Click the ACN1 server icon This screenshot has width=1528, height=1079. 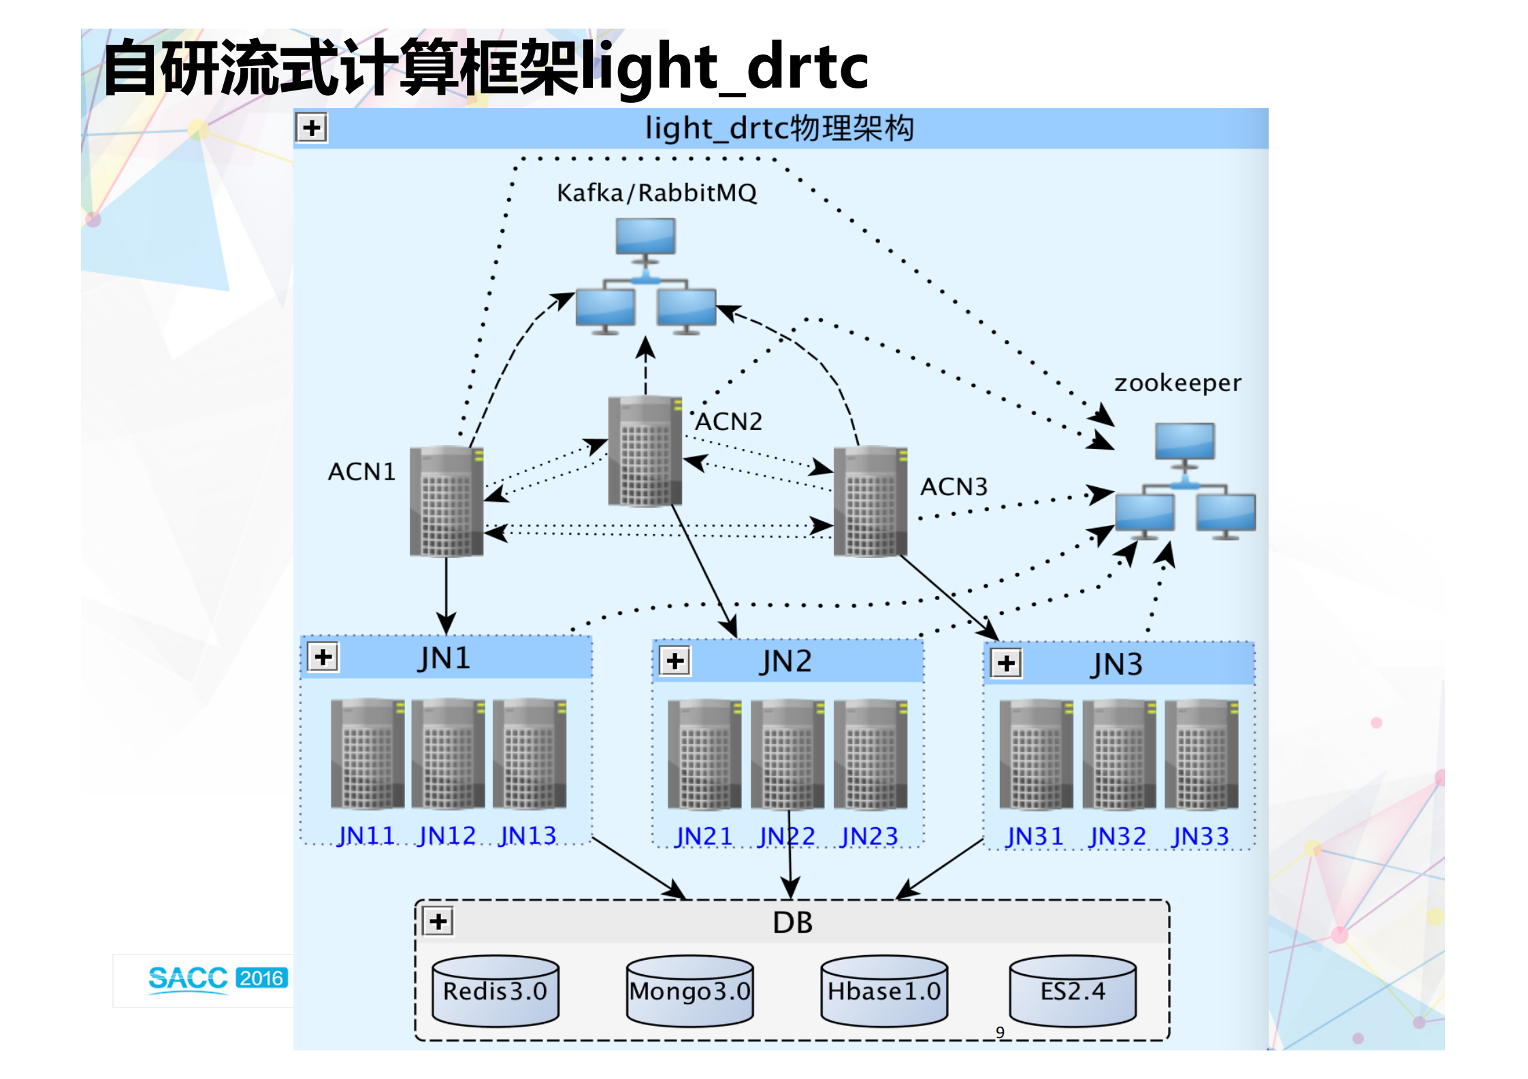[x=446, y=501]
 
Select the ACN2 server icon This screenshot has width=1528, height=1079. [x=645, y=452]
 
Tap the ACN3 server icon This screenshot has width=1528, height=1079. [x=870, y=501]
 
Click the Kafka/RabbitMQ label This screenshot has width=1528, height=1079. [x=656, y=193]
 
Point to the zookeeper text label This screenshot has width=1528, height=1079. [x=1177, y=383]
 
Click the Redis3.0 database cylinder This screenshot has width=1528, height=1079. [x=495, y=991]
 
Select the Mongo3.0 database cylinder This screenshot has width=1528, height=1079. [x=689, y=991]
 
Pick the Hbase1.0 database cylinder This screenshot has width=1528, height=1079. [x=883, y=991]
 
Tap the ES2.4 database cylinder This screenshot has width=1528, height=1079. [x=1072, y=991]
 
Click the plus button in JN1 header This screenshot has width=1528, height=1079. [x=323, y=657]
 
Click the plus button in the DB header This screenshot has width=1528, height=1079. [x=439, y=922]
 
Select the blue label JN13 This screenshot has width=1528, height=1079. [x=527, y=835]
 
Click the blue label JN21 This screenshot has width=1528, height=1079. [x=703, y=836]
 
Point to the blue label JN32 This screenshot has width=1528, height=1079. [x=1117, y=836]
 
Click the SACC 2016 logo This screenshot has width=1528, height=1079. [x=218, y=979]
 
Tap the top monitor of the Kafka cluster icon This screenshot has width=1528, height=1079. [x=645, y=237]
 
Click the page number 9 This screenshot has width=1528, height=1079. [x=1000, y=1032]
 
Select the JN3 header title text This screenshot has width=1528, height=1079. [x=1117, y=664]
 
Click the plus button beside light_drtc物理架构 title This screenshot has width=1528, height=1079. [x=312, y=128]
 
